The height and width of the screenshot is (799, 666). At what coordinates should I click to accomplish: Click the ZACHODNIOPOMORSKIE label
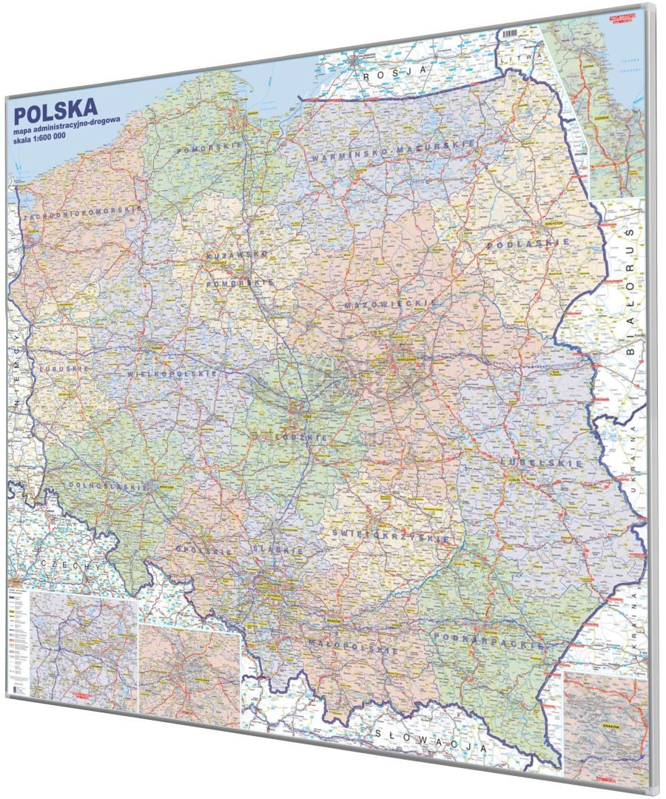(x=82, y=212)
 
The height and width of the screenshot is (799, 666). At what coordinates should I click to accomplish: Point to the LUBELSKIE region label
(x=532, y=462)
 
